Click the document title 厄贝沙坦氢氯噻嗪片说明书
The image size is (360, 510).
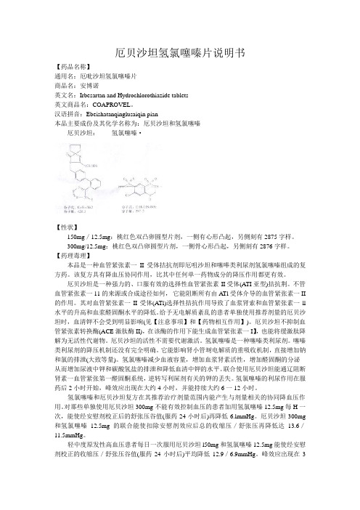[179, 54]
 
